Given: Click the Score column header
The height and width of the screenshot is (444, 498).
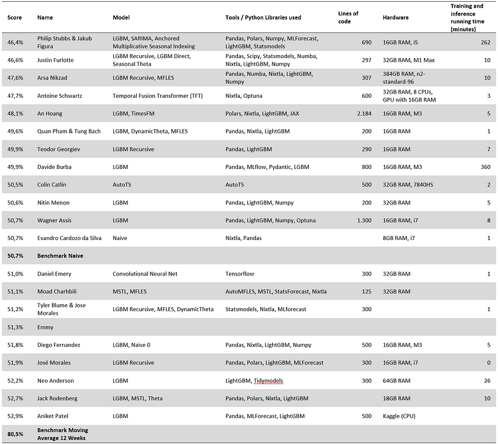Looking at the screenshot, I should (x=14, y=17).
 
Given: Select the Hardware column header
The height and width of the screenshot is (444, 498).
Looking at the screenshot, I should (x=395, y=17).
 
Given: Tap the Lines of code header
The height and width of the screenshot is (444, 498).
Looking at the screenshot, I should (x=348, y=17).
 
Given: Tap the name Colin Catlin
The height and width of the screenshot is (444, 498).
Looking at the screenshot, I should (x=55, y=184).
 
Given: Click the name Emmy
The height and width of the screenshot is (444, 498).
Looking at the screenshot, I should (x=45, y=327).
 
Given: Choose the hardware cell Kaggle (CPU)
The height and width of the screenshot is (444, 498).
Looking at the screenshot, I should (x=403, y=416).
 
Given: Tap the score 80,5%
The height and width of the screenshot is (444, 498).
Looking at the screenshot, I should (x=15, y=434).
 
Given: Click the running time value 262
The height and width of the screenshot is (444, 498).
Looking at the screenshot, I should (x=487, y=42).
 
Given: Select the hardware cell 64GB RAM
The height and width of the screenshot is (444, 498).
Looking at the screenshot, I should (x=397, y=380).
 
